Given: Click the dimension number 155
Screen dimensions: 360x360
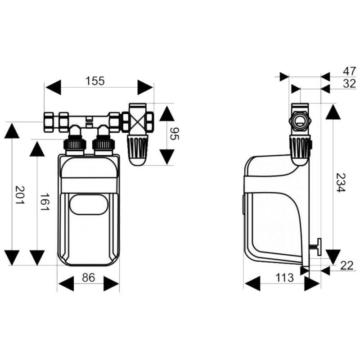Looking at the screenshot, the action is [95, 81].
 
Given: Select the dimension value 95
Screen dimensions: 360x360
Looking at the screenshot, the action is [174, 134].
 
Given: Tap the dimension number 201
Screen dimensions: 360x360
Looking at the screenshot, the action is [20, 195].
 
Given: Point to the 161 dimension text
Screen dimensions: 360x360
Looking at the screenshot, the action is [45, 202].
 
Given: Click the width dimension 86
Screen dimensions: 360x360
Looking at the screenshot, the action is [88, 278].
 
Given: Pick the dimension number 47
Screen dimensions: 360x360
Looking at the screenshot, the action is [350, 72].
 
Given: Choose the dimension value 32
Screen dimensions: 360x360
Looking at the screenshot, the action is [350, 84].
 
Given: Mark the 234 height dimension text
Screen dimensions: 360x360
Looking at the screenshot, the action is [341, 183].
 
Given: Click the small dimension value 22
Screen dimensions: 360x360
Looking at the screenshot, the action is [346, 265].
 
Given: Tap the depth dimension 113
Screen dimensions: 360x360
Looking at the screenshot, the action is [284, 278].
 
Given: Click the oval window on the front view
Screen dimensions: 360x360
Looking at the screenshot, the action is [88, 205].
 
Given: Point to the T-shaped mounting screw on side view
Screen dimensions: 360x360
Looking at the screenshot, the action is [316, 247].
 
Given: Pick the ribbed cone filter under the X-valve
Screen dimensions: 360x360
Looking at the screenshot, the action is [138, 150].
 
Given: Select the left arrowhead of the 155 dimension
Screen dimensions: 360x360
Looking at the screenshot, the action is [54, 87].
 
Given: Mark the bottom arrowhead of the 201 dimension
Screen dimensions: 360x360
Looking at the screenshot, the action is [12, 258].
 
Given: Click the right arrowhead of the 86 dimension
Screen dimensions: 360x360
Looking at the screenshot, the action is [111, 284].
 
